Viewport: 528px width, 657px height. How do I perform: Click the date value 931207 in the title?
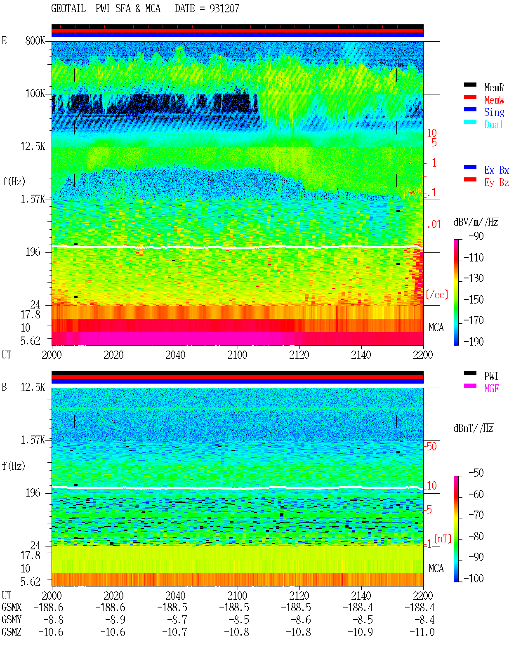coord(224,8)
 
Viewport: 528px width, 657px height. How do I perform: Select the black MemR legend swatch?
coord(470,85)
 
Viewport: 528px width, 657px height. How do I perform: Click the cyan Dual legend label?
coord(494,125)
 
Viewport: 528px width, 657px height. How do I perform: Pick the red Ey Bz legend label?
coord(497,182)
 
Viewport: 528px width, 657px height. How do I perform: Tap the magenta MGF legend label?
coord(491,389)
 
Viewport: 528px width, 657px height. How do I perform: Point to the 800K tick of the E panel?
coord(35,40)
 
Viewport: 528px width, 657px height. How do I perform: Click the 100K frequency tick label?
coord(35,94)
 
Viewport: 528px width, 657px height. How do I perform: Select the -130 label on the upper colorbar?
coord(474,278)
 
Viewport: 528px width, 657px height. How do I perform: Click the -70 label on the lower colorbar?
coord(476,515)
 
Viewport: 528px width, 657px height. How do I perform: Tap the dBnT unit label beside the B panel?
coord(474,428)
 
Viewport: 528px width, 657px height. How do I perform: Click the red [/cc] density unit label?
coord(437,294)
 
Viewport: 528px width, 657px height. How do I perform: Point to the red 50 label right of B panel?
coord(431,446)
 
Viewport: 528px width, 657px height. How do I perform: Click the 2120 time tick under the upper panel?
coord(299,355)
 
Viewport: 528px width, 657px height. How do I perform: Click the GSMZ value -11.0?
coord(422,632)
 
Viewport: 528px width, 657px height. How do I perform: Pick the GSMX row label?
coord(12,607)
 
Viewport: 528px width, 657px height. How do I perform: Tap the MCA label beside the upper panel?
coord(436,327)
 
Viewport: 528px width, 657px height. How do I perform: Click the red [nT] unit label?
coord(443,539)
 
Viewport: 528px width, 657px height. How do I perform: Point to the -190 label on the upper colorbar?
coord(474,341)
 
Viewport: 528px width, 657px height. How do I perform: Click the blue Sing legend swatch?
coord(470,109)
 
